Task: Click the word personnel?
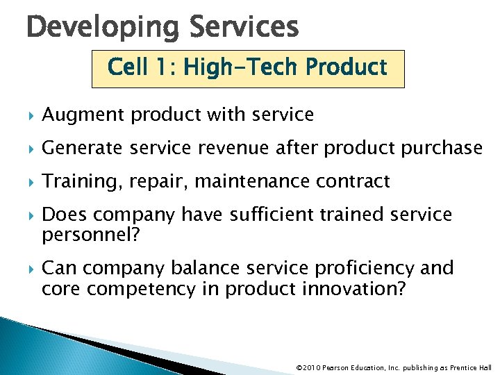tap(91, 235)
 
